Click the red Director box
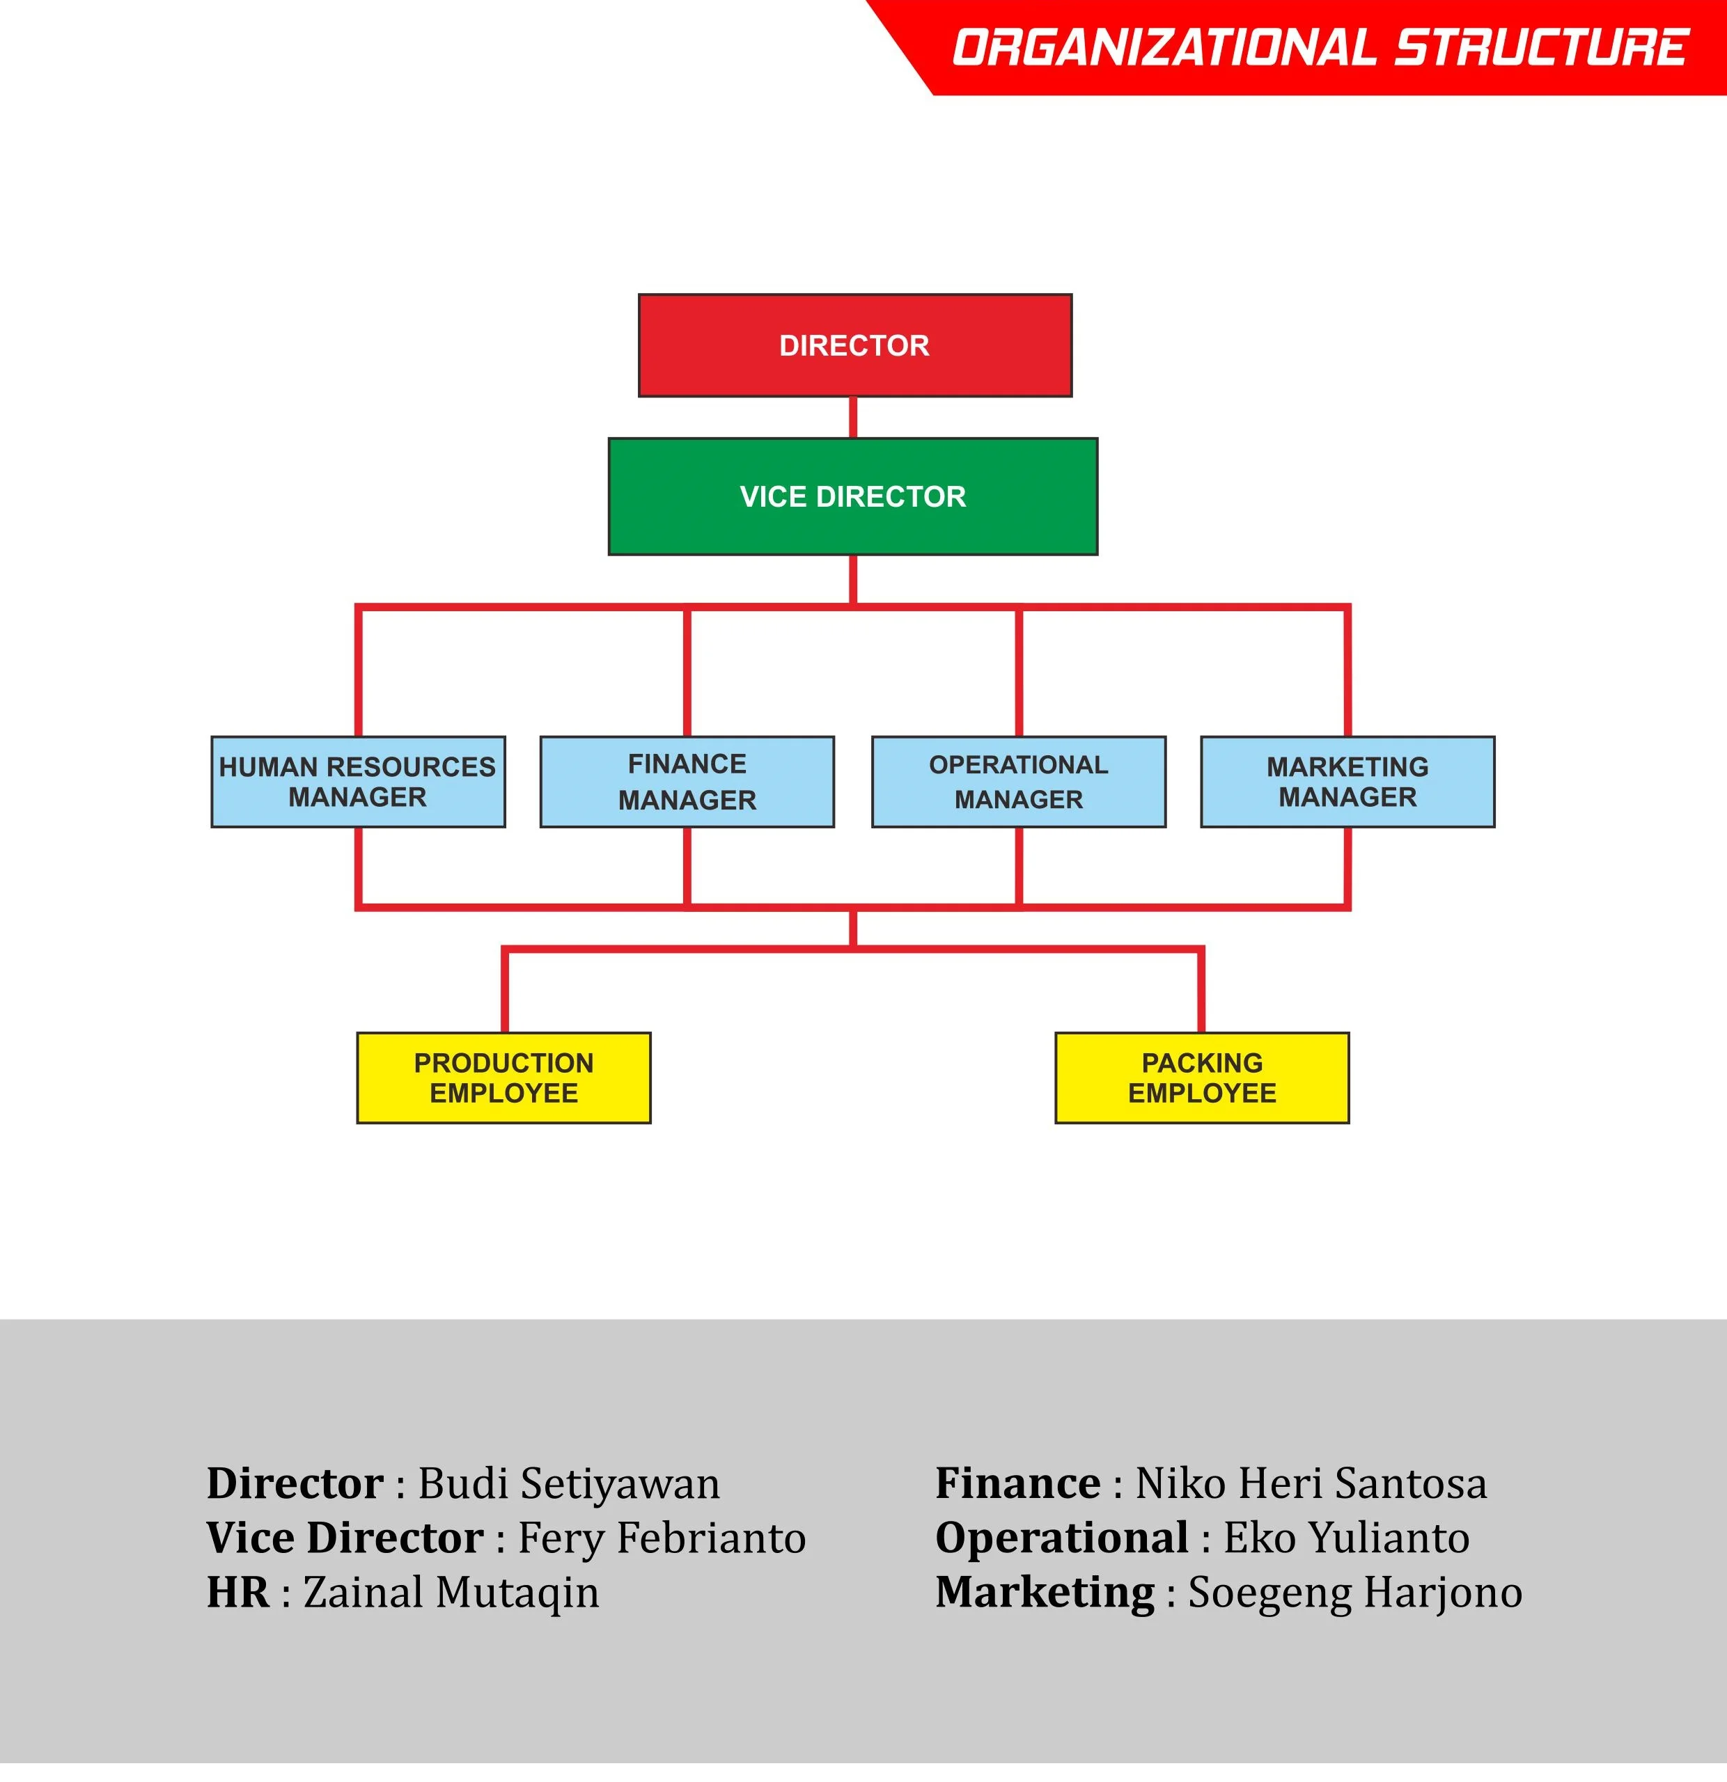pyautogui.click(x=855, y=345)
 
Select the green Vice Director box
pyautogui.click(x=853, y=496)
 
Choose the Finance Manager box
pyautogui.click(x=687, y=782)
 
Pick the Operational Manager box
pyautogui.click(x=1019, y=782)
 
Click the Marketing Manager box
pyautogui.click(x=1347, y=782)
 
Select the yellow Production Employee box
pyautogui.click(x=503, y=1078)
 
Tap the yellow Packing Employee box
pyautogui.click(x=1202, y=1078)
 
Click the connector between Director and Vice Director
pyautogui.click(x=853, y=418)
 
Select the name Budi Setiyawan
pyautogui.click(x=568, y=1485)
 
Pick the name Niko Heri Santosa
pyautogui.click(x=1311, y=1485)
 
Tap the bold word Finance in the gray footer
pyautogui.click(x=1017, y=1485)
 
